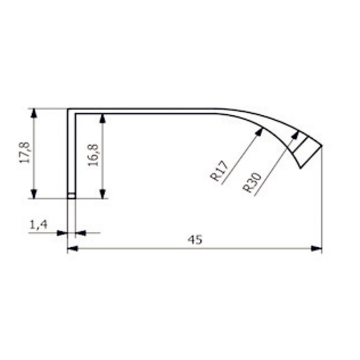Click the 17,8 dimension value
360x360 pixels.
point(25,153)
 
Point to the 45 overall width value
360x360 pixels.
point(195,240)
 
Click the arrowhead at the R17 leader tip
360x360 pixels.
point(261,130)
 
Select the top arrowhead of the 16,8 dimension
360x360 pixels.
point(103,118)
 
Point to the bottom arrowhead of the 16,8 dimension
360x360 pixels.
point(103,193)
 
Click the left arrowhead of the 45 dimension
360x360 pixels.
point(72,248)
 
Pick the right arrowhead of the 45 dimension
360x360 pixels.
point(317,248)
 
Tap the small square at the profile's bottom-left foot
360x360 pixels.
point(71,196)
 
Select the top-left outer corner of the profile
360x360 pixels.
point(68,109)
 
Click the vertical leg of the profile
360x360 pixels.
point(71,153)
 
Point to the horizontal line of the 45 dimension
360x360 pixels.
point(135,248)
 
